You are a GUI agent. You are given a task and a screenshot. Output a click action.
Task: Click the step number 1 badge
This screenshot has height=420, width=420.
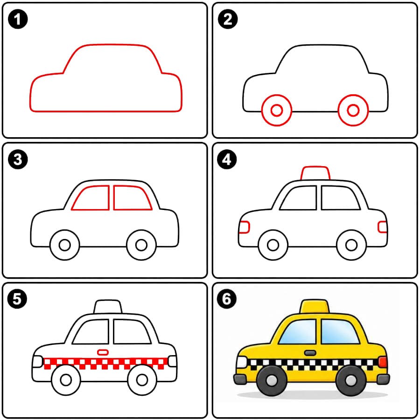click(18, 19)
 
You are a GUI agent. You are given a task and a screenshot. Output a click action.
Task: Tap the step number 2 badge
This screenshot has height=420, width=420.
click(228, 19)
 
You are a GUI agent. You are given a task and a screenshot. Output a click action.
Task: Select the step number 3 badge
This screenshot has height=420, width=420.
click(18, 160)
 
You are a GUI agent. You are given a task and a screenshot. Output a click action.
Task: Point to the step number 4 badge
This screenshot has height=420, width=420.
click(227, 160)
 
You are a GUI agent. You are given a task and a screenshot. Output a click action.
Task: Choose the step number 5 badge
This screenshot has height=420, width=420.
click(17, 299)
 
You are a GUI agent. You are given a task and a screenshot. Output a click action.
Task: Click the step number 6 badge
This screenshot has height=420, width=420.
click(227, 299)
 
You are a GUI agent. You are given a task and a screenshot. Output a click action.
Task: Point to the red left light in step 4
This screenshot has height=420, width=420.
click(249, 227)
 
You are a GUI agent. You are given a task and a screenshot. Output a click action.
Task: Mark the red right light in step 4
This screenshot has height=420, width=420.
click(378, 227)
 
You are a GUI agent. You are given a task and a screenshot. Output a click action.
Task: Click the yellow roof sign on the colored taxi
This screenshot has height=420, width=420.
click(315, 307)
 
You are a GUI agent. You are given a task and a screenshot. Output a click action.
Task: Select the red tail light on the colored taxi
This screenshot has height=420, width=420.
click(383, 362)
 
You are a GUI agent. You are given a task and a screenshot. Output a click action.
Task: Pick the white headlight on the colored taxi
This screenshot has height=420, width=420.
click(242, 362)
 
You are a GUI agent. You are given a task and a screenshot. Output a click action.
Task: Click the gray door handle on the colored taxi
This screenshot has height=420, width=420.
click(310, 353)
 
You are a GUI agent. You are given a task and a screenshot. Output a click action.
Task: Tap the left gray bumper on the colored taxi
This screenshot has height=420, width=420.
click(240, 379)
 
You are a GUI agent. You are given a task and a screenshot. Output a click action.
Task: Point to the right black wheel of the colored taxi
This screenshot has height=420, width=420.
click(350, 380)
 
